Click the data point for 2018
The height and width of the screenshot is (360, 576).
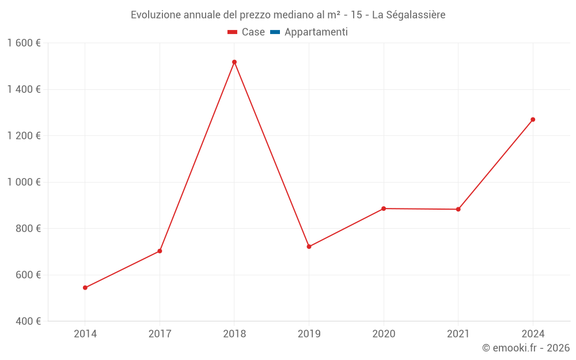[x=234, y=62]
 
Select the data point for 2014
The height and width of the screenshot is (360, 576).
[x=85, y=287]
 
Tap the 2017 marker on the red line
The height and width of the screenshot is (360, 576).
[x=160, y=251]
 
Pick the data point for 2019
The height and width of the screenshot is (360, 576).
[x=309, y=247]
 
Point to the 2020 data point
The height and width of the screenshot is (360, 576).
[x=384, y=209]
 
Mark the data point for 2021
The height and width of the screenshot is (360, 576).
[x=458, y=209]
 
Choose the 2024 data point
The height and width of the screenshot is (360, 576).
[x=533, y=120]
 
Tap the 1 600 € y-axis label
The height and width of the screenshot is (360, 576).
[x=24, y=43]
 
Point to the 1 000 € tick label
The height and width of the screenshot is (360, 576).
[x=24, y=182]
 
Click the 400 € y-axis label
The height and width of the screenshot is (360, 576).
[x=27, y=321]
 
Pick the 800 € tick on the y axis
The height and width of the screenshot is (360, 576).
[x=27, y=229]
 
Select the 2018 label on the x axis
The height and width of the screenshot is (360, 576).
[x=234, y=334]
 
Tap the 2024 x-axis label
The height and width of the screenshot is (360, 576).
[x=533, y=334]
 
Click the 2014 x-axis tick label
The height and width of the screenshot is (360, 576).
[x=85, y=334]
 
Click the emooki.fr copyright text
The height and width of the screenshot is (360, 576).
[x=526, y=348]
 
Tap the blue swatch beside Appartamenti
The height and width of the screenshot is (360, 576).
[x=275, y=32]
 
